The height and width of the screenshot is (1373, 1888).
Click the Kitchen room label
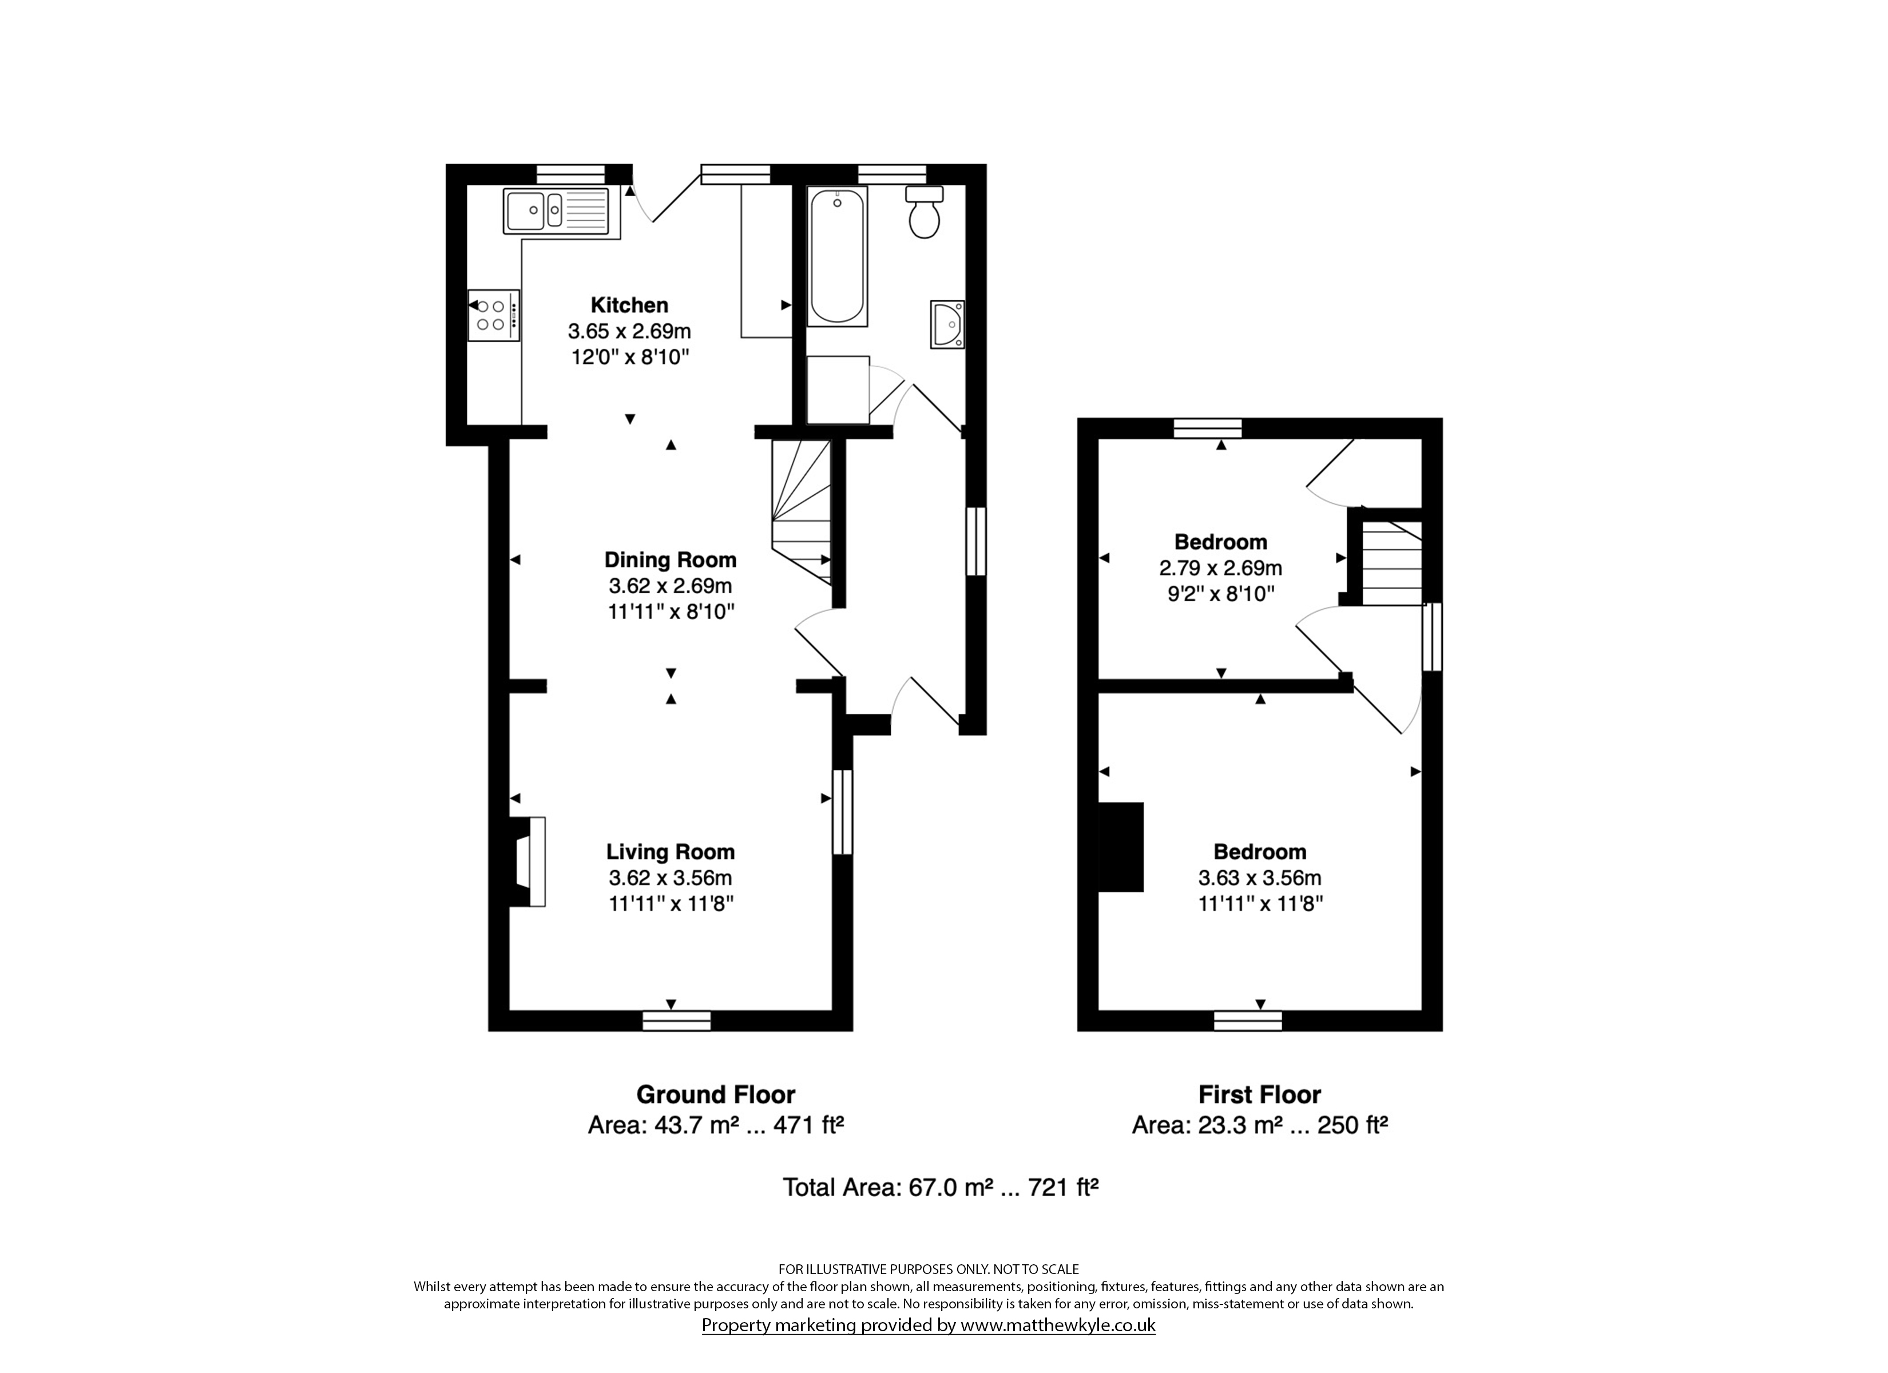pos(629,305)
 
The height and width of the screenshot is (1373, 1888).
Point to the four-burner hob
pos(494,315)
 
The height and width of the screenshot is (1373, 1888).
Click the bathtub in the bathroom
pos(838,256)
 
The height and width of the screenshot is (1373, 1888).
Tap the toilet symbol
pos(924,212)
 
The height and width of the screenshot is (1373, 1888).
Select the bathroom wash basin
pos(947,325)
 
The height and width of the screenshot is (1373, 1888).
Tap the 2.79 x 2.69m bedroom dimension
pos(1220,569)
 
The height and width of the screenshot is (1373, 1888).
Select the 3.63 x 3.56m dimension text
pos(1259,878)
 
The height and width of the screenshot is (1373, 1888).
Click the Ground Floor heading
pos(716,1094)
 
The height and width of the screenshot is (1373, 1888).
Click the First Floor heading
pos(1259,1094)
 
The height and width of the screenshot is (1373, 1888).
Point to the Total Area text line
pos(941,1187)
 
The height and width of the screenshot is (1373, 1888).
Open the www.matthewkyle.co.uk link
pos(1058,1326)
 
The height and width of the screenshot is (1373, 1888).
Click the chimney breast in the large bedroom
pos(1121,847)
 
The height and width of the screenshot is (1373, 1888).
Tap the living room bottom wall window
pos(677,1021)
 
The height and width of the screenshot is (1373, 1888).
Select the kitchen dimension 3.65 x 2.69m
pos(629,331)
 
